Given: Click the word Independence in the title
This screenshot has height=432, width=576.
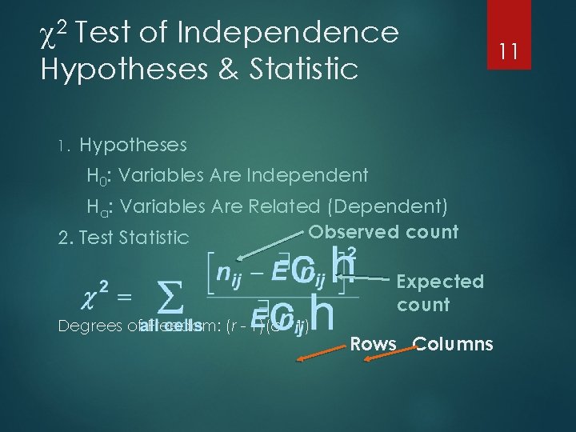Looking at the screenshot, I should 289,33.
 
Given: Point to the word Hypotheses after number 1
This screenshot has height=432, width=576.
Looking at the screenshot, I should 134,145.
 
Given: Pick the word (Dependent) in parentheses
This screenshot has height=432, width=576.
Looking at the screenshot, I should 387,206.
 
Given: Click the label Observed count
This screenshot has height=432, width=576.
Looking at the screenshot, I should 383,232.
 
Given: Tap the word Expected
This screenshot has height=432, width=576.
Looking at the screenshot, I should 440,282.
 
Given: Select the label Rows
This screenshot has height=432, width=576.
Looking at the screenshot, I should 374,345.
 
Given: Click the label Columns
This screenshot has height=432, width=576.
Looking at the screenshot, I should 453,345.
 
